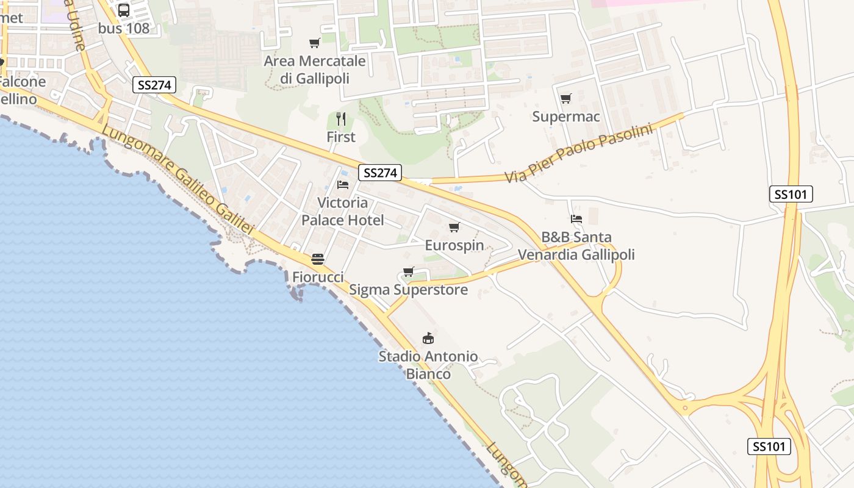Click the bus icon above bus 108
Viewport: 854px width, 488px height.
124,10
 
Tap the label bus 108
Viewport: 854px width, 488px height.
124,28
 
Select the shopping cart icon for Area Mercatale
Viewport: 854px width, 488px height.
315,43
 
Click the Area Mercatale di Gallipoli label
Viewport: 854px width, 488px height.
315,70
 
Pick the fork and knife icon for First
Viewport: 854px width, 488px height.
341,118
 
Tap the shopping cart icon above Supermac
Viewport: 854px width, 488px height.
566,98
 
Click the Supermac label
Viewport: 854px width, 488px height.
566,117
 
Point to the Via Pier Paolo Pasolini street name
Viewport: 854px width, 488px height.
578,153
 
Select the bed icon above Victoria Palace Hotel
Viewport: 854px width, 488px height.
343,184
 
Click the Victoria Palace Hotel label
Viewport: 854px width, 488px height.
343,211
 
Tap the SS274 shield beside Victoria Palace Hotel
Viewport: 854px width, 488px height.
380,173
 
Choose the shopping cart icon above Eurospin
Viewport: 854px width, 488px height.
454,228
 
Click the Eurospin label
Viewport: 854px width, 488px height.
454,245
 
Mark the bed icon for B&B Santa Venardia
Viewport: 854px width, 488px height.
576,218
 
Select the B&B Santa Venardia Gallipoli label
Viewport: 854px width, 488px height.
576,245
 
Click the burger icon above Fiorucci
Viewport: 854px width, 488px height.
318,259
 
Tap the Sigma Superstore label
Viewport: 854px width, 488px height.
408,290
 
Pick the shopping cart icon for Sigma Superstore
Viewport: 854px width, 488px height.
409,272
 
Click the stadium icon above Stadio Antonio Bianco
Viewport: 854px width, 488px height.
428,338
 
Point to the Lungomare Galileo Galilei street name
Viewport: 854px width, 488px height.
177,181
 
